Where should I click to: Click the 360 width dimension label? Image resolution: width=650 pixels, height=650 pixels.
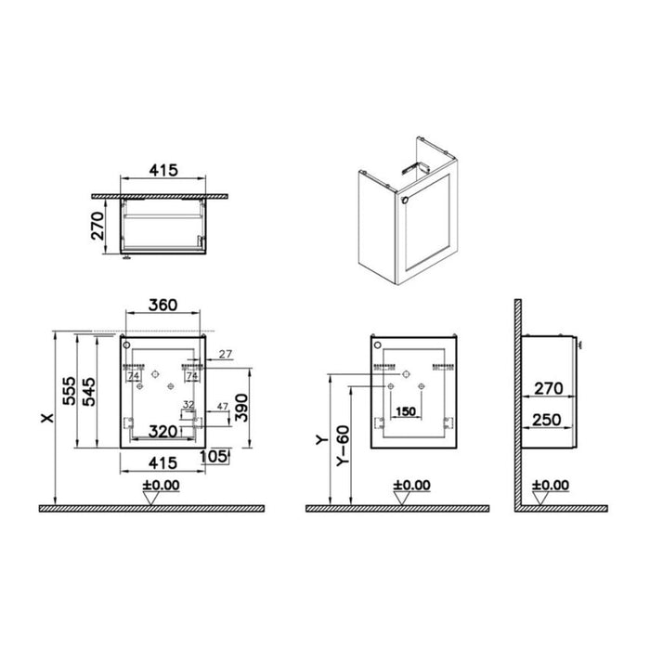(x=162, y=305)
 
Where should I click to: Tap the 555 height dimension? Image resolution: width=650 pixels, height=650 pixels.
(x=70, y=391)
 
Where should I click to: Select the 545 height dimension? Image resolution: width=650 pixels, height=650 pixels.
(x=89, y=392)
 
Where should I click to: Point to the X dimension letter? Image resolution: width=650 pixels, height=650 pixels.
(x=48, y=418)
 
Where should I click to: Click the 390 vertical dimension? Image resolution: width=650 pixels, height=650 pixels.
(x=241, y=408)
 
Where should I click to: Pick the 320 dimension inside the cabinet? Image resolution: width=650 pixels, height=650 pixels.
(x=162, y=432)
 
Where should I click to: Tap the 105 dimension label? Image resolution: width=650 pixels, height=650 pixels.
(x=214, y=457)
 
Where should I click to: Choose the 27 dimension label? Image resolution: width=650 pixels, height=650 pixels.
(x=226, y=354)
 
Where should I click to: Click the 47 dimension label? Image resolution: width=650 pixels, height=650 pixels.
(x=223, y=407)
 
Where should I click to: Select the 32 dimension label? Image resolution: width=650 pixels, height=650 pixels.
(x=188, y=404)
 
